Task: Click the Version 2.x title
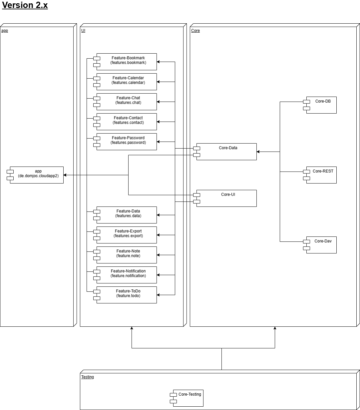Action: tap(25, 5)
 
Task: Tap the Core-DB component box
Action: tap(321, 105)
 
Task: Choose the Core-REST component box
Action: tap(321, 175)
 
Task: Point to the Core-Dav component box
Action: tap(321, 245)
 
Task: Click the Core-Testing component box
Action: tap(188, 398)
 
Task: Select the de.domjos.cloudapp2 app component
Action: tap(37, 175)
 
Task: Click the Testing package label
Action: tap(88, 377)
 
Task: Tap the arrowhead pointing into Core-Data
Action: tap(258, 152)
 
